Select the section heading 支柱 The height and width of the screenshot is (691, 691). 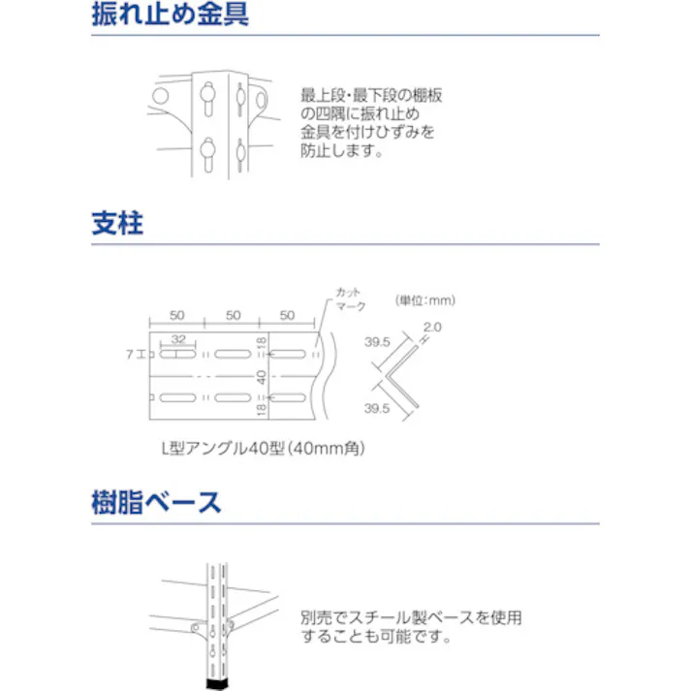pos(117,225)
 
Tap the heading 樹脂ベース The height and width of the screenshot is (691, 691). pos(156,503)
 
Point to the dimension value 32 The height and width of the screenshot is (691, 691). pos(178,339)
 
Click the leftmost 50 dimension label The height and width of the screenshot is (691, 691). pos(177,316)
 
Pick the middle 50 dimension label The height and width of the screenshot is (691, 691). pos(233,316)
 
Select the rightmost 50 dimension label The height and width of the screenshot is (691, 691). pos(288,316)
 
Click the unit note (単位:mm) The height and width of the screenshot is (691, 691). pos(425,300)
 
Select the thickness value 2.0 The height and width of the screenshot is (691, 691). pos(432,328)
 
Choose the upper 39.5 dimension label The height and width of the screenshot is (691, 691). pos(377,342)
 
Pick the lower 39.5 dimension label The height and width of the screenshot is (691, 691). pos(377,409)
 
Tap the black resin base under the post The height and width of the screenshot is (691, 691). pos(218,684)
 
